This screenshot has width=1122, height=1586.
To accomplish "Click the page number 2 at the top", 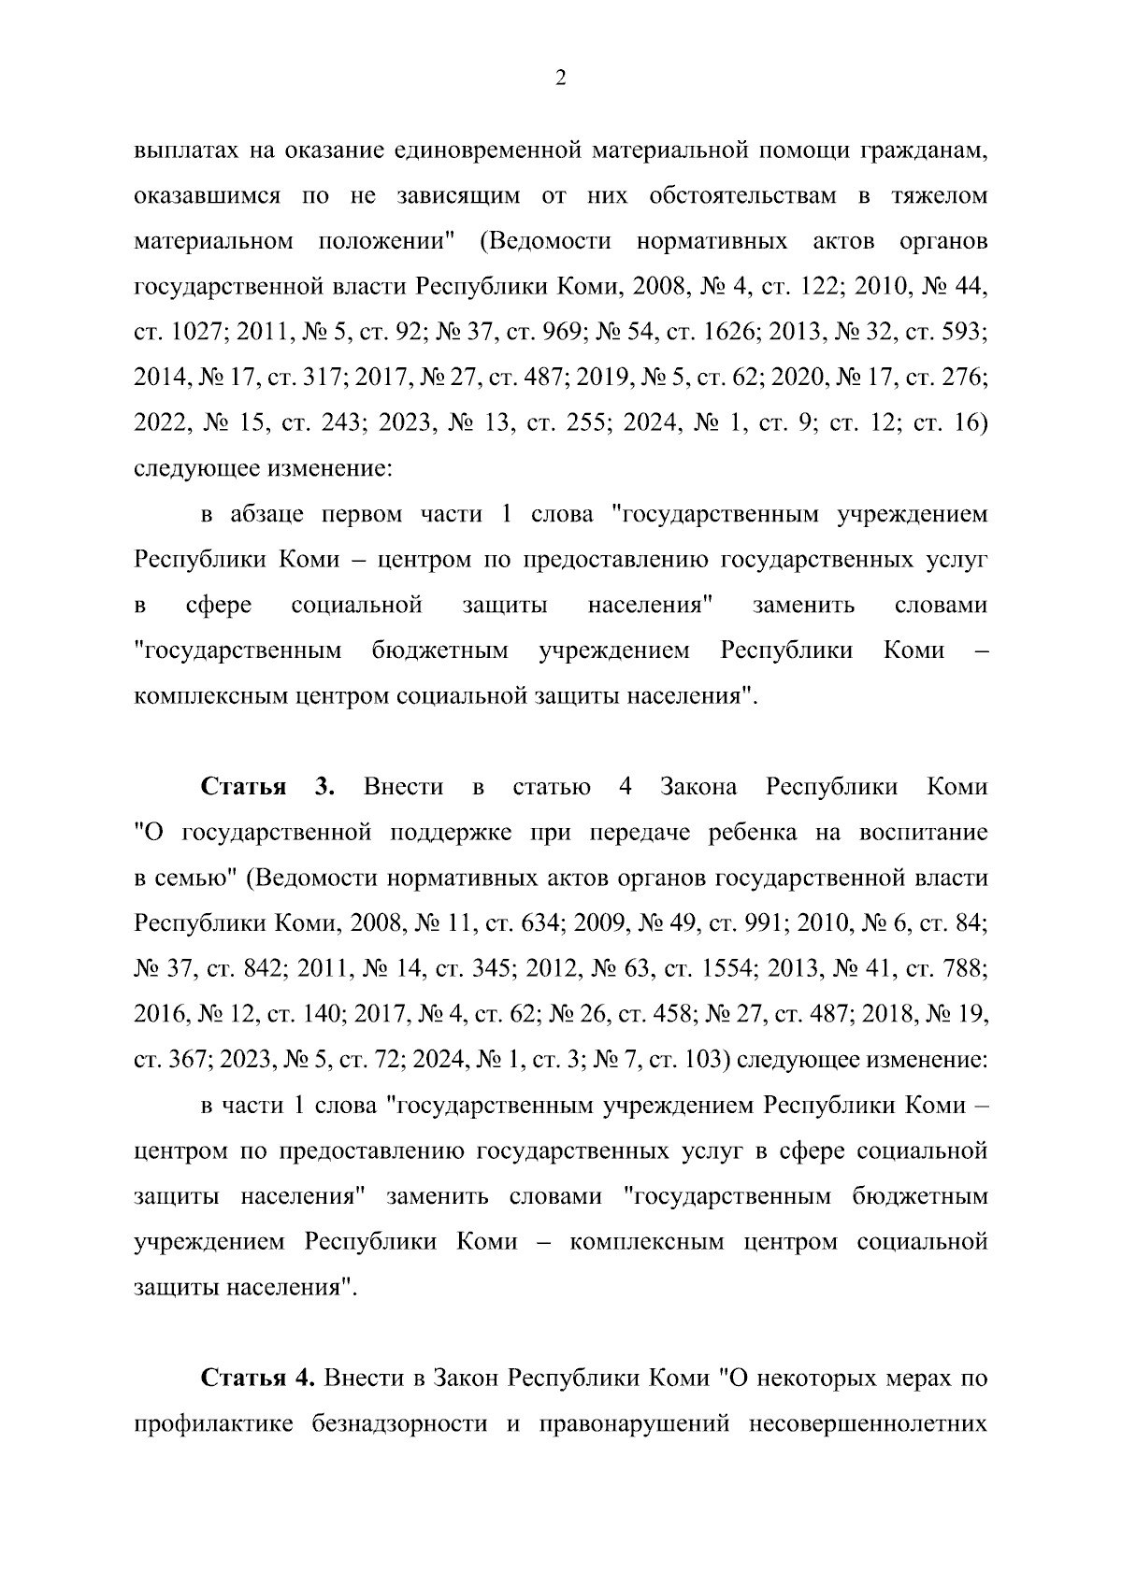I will coord(560,79).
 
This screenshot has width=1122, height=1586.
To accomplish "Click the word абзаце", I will coord(269,514).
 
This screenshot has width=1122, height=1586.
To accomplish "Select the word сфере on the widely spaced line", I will coord(219,605).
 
